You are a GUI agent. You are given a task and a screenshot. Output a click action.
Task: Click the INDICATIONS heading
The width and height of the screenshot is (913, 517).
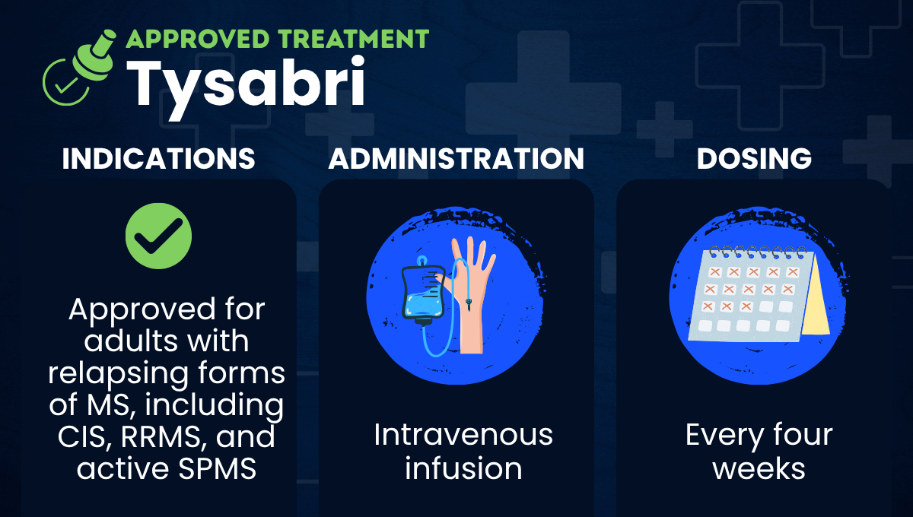coord(158,159)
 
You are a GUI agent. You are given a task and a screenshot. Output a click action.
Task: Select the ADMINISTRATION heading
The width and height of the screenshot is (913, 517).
coord(456,159)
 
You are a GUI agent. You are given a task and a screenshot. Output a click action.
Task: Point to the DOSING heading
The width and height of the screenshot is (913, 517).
coord(754,159)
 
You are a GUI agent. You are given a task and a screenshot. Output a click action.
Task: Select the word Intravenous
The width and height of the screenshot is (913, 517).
coord(463,435)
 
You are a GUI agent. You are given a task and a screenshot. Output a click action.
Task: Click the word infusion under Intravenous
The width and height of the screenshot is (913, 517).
coord(463,468)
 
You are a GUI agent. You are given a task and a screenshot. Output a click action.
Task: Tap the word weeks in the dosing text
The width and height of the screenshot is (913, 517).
coord(759,468)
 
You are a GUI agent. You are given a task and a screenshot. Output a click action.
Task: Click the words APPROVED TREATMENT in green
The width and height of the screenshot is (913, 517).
coord(277,38)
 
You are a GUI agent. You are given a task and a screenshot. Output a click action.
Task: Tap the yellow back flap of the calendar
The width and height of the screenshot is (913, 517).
coord(816,297)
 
